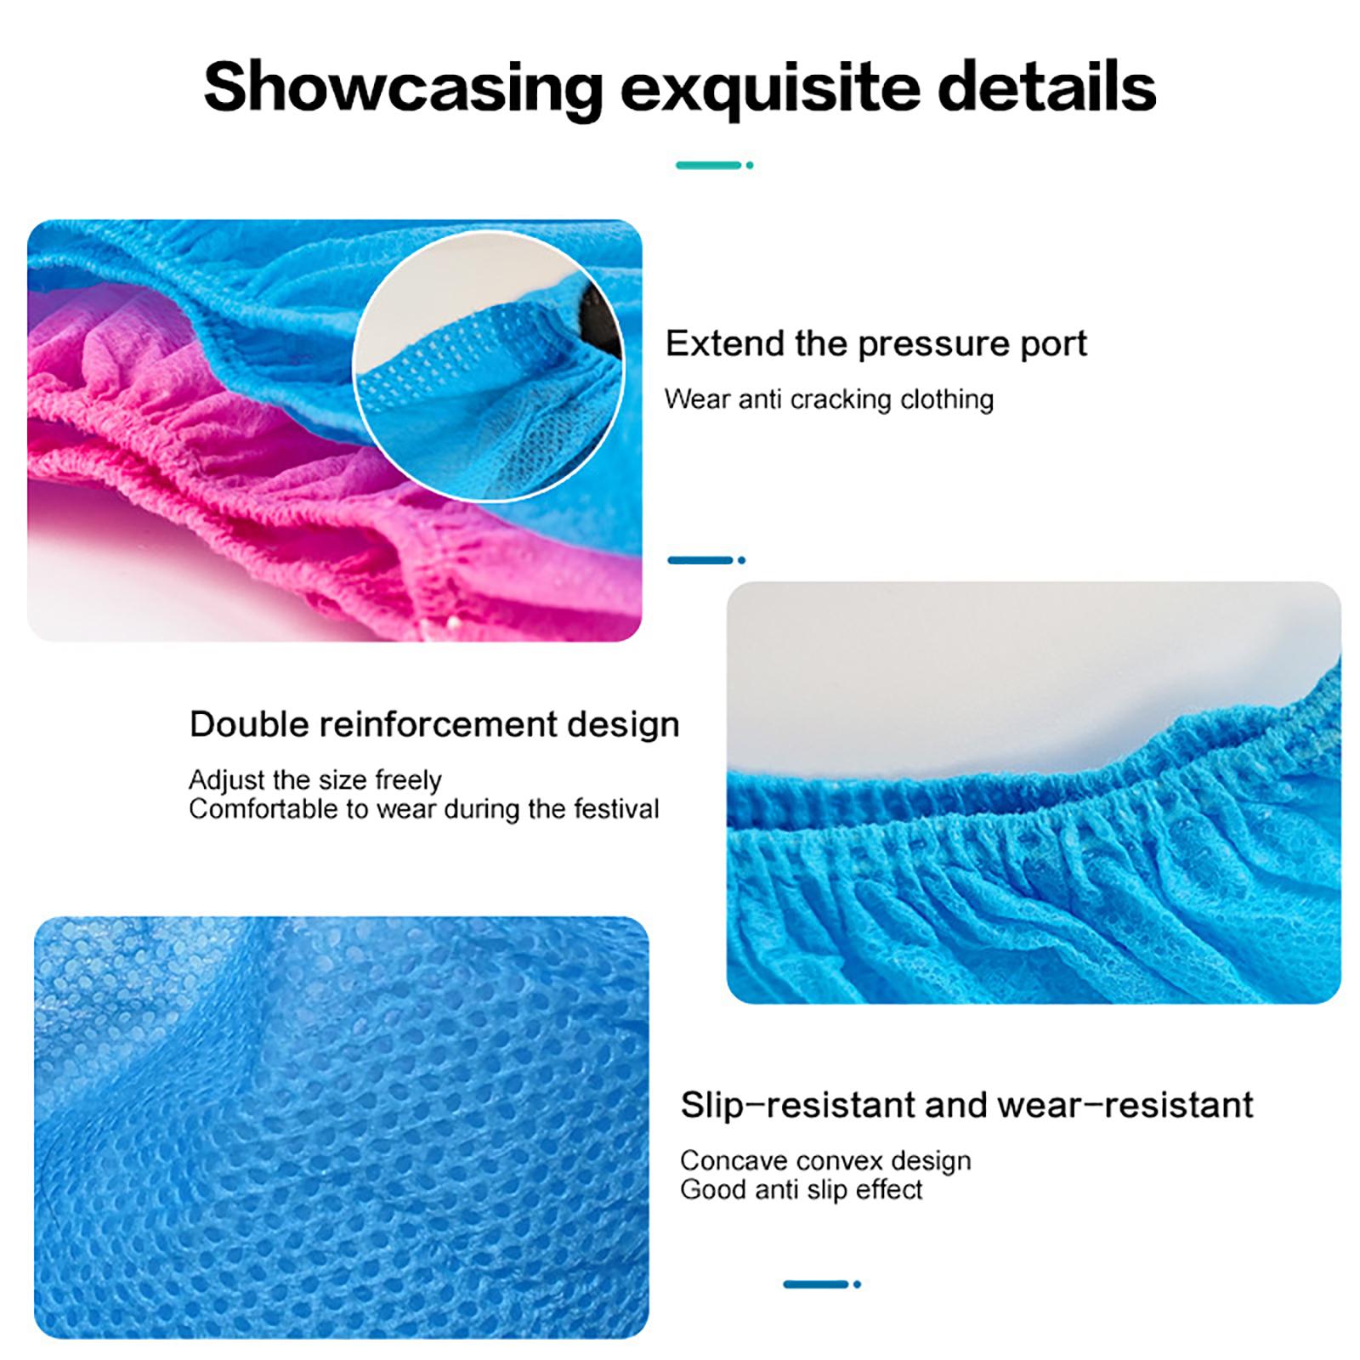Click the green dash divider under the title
[714, 165]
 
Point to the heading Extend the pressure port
[875, 344]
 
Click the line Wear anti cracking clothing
[829, 399]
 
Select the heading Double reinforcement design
[434, 724]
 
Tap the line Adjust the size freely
[315, 779]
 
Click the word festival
[616, 808]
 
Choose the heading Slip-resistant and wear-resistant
[966, 1105]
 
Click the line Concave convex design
[825, 1160]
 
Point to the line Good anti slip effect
[802, 1189]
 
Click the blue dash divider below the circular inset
[706, 560]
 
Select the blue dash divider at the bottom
[822, 1284]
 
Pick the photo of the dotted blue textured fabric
[341, 1127]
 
